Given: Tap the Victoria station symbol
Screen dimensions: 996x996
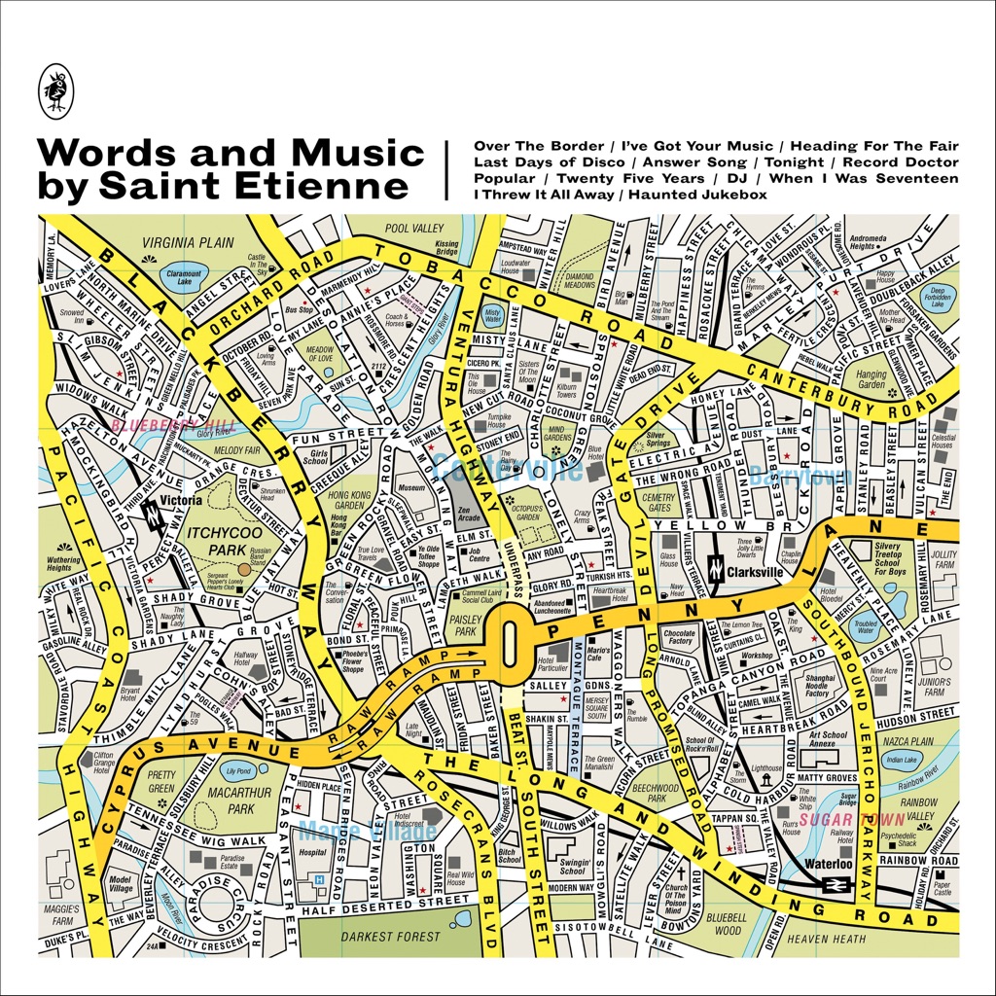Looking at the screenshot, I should (153, 515).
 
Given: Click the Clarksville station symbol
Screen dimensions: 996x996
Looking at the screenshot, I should (715, 569).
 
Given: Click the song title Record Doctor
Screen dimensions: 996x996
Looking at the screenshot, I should (900, 161).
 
